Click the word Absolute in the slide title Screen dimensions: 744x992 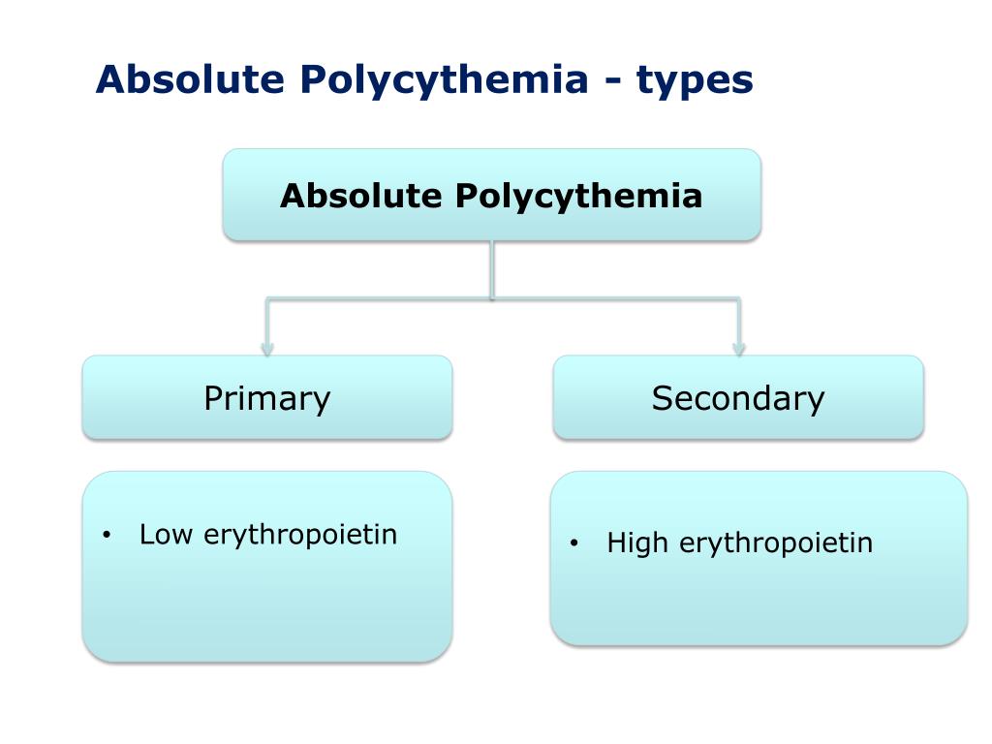click(x=170, y=79)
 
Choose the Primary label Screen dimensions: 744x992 click(x=266, y=398)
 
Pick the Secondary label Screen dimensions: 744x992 click(x=737, y=398)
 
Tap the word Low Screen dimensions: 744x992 click(x=167, y=534)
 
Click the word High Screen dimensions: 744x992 click(x=637, y=542)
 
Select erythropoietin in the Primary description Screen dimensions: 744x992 click(x=301, y=535)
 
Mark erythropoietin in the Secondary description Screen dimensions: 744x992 click(x=776, y=543)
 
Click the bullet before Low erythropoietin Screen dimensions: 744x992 click(x=107, y=536)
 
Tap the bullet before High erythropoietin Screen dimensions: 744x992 click(x=573, y=544)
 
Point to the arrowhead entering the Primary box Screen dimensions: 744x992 click(x=267, y=348)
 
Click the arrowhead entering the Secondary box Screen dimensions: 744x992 click(x=738, y=348)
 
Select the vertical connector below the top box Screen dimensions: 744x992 click(x=492, y=269)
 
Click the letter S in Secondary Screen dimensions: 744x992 click(x=663, y=398)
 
